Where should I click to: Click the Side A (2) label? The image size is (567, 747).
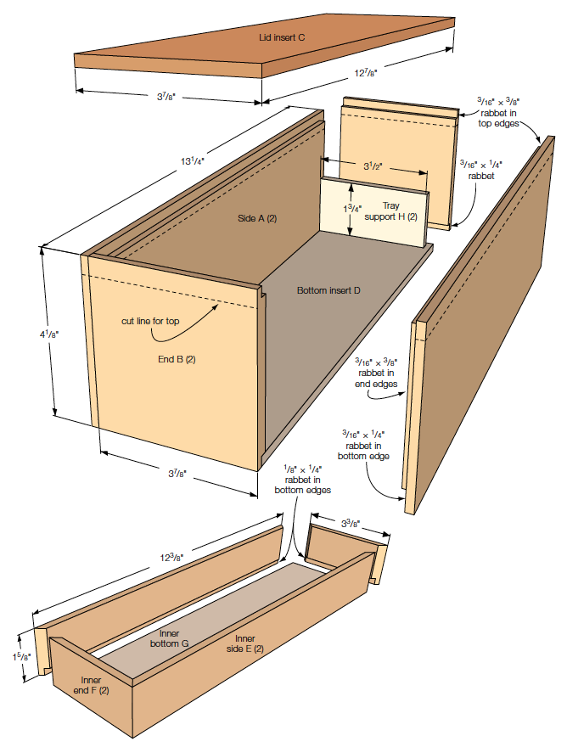258,219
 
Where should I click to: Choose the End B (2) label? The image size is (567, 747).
177,358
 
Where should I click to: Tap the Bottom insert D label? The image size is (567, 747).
328,290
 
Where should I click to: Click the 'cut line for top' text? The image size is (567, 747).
152,321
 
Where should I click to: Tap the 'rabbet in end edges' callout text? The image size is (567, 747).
376,378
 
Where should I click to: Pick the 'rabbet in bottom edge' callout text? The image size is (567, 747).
366,445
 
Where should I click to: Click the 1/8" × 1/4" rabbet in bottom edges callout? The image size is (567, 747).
301,479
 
